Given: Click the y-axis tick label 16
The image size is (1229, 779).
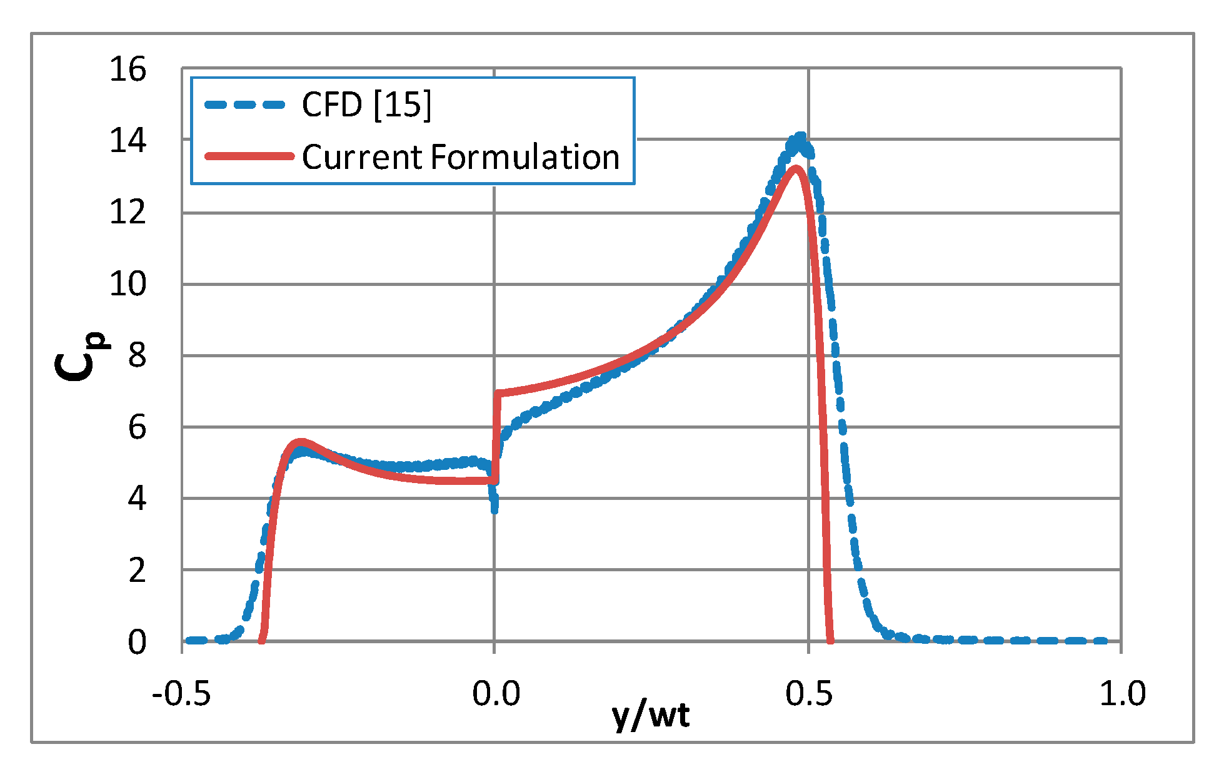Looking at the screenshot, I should [x=128, y=69].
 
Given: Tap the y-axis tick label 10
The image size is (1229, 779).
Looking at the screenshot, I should [x=128, y=284].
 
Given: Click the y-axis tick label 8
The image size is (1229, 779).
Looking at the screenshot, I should [x=137, y=355].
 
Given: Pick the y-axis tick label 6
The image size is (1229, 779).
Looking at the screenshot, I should [x=137, y=427].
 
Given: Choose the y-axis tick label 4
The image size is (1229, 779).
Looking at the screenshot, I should [x=137, y=499].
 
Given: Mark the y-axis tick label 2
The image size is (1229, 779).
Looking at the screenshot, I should [x=137, y=570].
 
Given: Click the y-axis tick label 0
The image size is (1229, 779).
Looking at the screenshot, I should [x=137, y=642].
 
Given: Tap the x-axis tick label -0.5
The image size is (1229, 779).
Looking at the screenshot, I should [x=181, y=694].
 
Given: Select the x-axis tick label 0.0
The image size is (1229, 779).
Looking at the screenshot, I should [x=496, y=694].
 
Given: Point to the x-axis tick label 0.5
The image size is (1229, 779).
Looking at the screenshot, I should [x=809, y=694].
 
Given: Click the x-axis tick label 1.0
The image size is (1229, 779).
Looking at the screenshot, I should [x=1123, y=694].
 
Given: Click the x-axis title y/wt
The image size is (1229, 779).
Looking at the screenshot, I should [x=651, y=716].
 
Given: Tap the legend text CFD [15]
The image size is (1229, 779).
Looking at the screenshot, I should [x=366, y=104].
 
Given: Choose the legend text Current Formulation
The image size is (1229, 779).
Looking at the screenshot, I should [x=461, y=156].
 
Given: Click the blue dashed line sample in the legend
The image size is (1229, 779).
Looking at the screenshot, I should [x=245, y=104].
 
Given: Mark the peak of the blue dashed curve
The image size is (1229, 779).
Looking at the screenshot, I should [x=800, y=137].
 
